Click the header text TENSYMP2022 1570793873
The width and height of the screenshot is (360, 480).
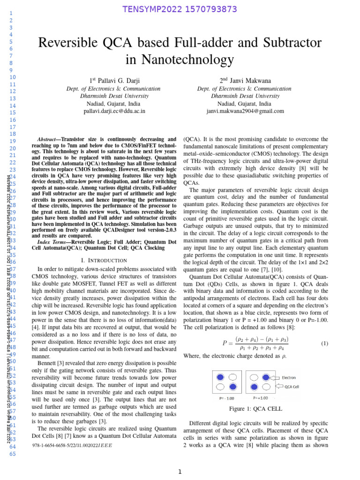180,9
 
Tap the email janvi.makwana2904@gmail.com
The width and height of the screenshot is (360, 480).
245,111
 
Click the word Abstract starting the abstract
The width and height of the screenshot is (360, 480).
47,140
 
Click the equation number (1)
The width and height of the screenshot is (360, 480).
324,344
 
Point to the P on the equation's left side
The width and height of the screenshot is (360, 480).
225,344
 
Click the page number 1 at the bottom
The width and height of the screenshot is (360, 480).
180,472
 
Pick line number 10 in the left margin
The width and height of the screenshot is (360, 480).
13,77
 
